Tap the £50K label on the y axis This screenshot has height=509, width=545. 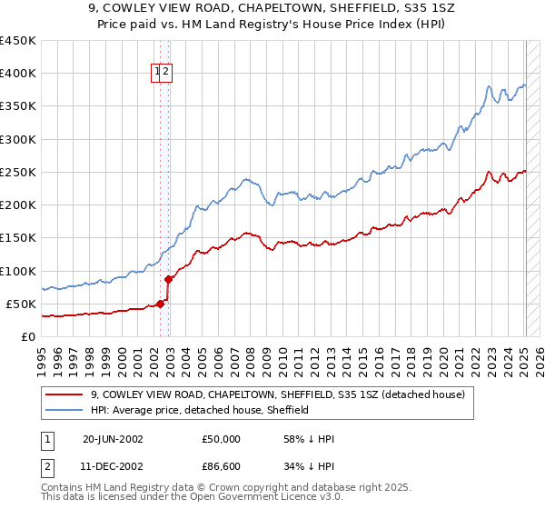point(22,304)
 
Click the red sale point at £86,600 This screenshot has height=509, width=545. point(169,279)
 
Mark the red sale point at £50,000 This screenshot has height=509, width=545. point(161,304)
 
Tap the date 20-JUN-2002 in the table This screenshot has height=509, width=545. point(113,439)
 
